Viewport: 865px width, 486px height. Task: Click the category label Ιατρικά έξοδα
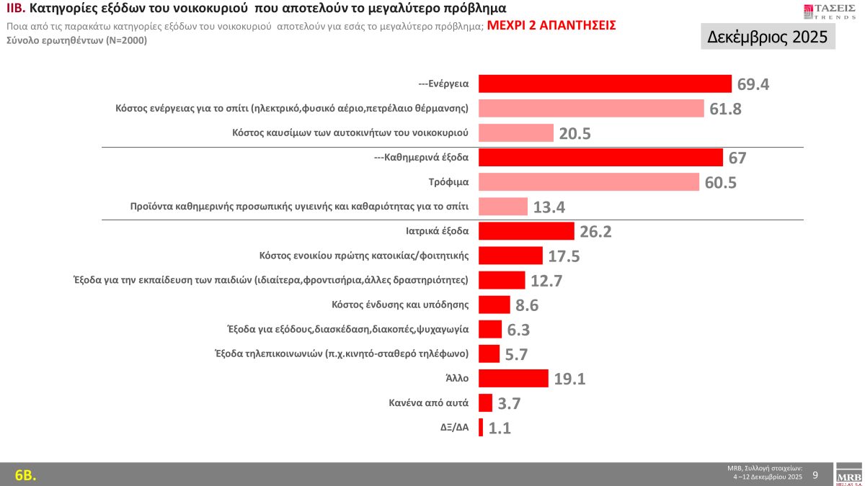438,231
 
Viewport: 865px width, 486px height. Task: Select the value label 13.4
549,208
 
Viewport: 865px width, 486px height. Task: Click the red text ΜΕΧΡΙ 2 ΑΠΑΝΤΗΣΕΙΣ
551,25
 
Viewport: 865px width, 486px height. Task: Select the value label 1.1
499,428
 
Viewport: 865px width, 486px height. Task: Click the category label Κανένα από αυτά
429,402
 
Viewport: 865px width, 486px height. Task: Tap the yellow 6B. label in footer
25,474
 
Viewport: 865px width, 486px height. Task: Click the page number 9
815,474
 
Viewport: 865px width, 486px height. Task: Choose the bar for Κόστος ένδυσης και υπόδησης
494,305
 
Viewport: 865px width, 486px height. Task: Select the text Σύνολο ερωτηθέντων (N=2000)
76,40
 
